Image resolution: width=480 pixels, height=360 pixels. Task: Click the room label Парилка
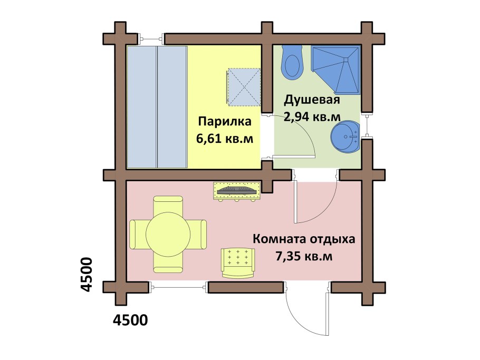(x=225, y=121)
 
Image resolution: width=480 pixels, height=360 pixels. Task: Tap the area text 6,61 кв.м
(x=225, y=139)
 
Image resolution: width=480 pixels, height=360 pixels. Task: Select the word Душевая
(x=312, y=100)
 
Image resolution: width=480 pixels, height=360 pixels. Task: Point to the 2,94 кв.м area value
(x=312, y=116)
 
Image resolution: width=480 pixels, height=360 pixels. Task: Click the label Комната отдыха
(x=304, y=239)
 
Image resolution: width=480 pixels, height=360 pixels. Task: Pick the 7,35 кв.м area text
(x=304, y=256)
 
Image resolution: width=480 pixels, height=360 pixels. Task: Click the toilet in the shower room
(x=292, y=63)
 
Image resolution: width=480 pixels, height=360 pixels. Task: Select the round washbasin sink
(x=345, y=137)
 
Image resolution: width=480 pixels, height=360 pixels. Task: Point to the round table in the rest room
(x=168, y=235)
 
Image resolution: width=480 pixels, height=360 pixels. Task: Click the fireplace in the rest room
(x=237, y=191)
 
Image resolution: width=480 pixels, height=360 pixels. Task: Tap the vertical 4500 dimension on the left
(x=85, y=275)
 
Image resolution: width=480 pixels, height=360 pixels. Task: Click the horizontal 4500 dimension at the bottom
(x=130, y=320)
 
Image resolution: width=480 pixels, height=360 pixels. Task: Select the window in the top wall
(x=151, y=39)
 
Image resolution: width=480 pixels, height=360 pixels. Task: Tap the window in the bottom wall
(x=178, y=287)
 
